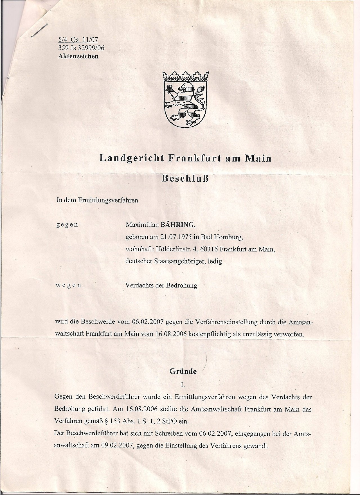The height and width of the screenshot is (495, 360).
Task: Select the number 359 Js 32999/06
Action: [81, 48]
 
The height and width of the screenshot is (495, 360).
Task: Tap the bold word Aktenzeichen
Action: [78, 56]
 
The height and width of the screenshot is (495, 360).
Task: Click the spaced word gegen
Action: [67, 225]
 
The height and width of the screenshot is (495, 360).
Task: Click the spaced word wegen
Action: [69, 285]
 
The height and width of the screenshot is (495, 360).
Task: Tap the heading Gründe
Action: [183, 371]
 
